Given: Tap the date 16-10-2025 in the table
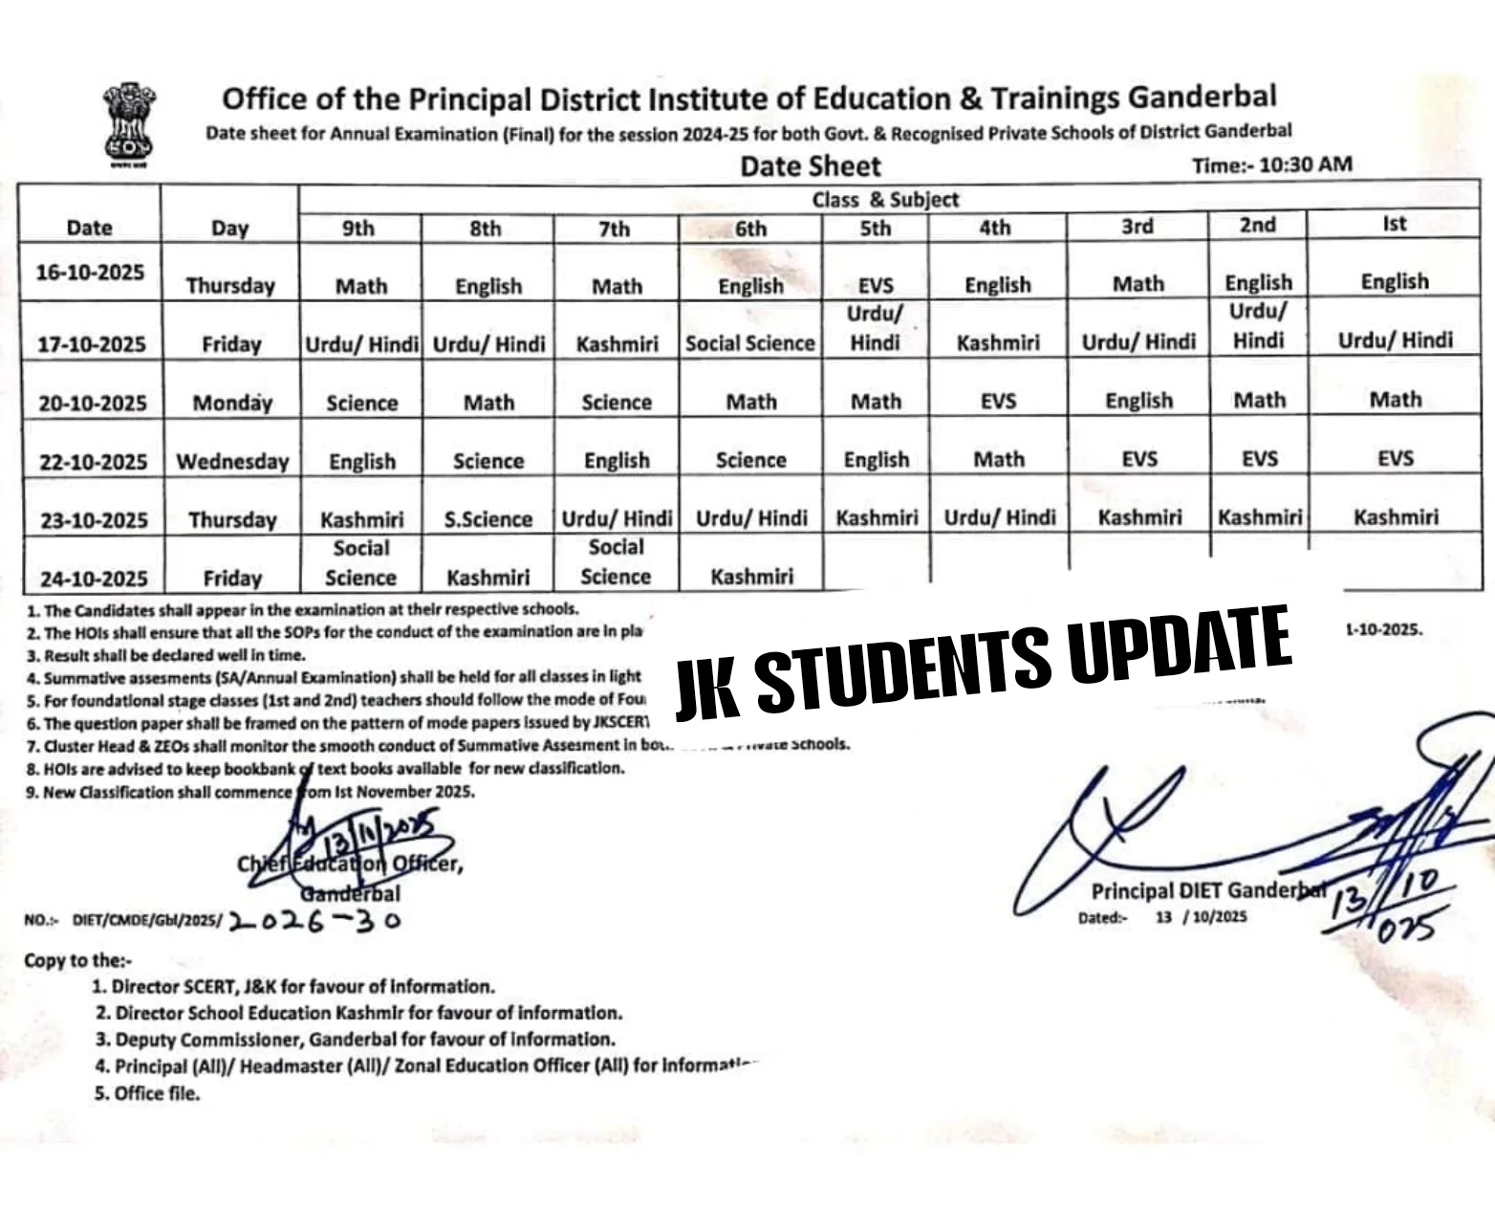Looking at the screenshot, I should coord(90,273).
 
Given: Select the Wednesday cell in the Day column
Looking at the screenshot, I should coord(232,462).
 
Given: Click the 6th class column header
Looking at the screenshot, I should coord(750,229).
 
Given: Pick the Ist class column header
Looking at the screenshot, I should coord(1394,224).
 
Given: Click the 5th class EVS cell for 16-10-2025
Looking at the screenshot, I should coord(875,285).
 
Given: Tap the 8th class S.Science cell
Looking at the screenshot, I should coord(487,519).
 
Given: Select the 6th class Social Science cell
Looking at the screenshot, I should coord(749,343).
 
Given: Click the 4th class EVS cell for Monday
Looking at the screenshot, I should coord(997,402).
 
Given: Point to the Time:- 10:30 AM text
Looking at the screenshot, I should coord(1271,164).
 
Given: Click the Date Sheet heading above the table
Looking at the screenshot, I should coord(810,166).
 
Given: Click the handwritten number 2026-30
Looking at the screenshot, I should coord(314,921).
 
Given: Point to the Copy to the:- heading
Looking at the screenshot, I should coord(78,960).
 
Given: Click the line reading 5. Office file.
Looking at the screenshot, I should coord(147,1093).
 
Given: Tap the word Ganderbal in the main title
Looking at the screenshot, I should coord(1202,97).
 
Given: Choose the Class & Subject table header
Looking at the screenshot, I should coord(884,200).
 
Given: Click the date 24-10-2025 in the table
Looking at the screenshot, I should coord(93,579).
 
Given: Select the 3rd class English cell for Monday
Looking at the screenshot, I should coord(1137,401).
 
